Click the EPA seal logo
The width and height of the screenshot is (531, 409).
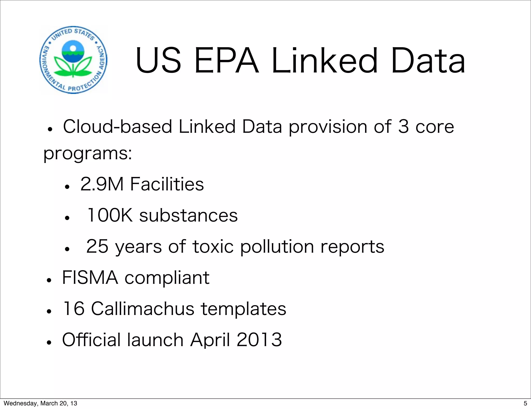tap(73, 60)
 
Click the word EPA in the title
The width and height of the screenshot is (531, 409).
tap(226, 61)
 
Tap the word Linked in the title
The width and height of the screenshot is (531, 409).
tap(325, 61)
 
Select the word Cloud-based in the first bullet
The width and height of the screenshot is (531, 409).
tap(117, 127)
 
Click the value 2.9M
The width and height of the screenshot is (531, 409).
tap(102, 184)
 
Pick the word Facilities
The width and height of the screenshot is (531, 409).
tap(167, 184)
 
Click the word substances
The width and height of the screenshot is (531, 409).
tap(188, 215)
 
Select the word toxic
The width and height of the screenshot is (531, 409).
tap(213, 247)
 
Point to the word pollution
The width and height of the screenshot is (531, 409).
tap(277, 247)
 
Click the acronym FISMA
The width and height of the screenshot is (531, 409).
tap(90, 278)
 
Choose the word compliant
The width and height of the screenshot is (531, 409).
tap(167, 278)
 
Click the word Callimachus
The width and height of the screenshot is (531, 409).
tap(143, 309)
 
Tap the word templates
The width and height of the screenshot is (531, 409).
tap(243, 309)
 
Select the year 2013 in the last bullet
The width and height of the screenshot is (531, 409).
tap(259, 340)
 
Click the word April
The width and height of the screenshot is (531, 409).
tap(210, 340)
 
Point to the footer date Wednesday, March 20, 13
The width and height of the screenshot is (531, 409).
tap(40, 403)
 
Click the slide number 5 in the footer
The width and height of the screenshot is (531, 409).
tap(525, 403)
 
